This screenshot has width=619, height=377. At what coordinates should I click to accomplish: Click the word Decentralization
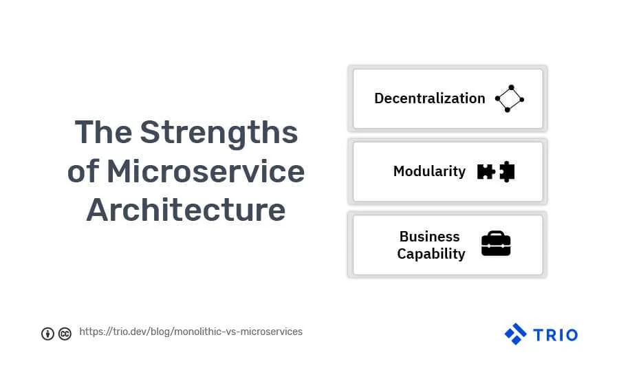[429, 98]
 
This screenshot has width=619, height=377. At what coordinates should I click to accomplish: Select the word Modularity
[429, 172]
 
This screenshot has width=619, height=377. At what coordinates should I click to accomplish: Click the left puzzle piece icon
[486, 172]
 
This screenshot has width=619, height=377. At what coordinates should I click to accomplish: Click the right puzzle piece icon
[508, 172]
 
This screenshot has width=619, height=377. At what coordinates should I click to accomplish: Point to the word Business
[429, 237]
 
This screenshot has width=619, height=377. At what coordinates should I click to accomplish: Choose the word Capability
[431, 254]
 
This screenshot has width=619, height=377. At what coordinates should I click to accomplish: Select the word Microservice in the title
[206, 171]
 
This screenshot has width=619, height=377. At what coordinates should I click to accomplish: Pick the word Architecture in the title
[186, 210]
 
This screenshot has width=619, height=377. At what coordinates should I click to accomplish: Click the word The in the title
[103, 132]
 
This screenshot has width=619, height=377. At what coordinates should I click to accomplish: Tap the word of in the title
[83, 171]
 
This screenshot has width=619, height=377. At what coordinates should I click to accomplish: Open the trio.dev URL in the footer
[191, 332]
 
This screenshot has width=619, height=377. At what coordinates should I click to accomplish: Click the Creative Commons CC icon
[65, 334]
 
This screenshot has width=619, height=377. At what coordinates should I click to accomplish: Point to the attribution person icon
[47, 334]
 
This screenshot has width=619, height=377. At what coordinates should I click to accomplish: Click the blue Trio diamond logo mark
[516, 334]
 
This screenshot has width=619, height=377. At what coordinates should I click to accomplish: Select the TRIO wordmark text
[556, 335]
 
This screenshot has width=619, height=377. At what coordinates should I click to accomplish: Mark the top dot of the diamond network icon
[511, 87]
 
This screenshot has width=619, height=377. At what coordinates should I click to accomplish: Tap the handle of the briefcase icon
[496, 233]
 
